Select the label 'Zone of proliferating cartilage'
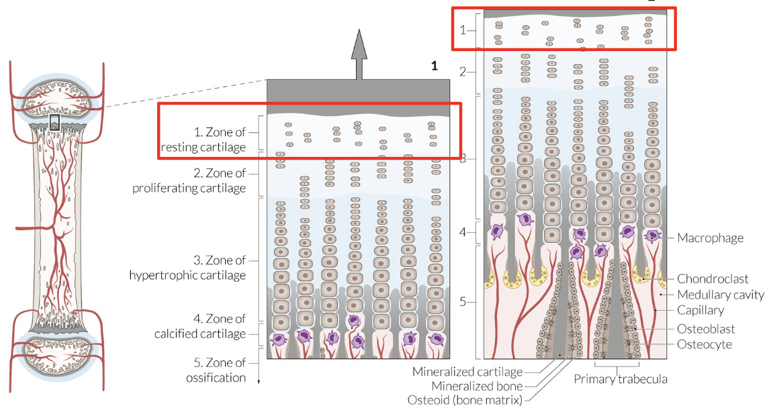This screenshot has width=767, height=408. click(189, 181)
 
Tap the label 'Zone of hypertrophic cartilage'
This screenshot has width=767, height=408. click(187, 267)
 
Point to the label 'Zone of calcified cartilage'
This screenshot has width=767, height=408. click(200, 326)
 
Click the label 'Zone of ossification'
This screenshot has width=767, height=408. click(216, 370)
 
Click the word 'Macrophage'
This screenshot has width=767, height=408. click(711, 238)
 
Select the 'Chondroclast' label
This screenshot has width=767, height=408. click(713, 278)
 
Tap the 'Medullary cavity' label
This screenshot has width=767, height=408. click(721, 295)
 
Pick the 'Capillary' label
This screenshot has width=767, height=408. click(701, 310)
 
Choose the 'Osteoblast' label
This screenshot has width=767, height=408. click(706, 329)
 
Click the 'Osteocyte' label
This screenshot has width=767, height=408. click(705, 344)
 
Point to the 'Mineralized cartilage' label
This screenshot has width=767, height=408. click(467, 372)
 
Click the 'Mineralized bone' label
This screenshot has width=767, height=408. click(477, 386)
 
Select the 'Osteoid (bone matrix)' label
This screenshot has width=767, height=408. click(465, 400)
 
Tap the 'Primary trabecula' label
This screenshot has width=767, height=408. click(621, 379)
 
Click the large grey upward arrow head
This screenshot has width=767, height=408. click(359, 45)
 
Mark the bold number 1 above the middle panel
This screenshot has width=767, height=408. click(435, 66)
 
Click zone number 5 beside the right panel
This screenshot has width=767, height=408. click(463, 302)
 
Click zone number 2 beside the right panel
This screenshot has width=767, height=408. click(463, 72)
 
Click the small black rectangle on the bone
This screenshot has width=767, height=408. click(54, 123)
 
